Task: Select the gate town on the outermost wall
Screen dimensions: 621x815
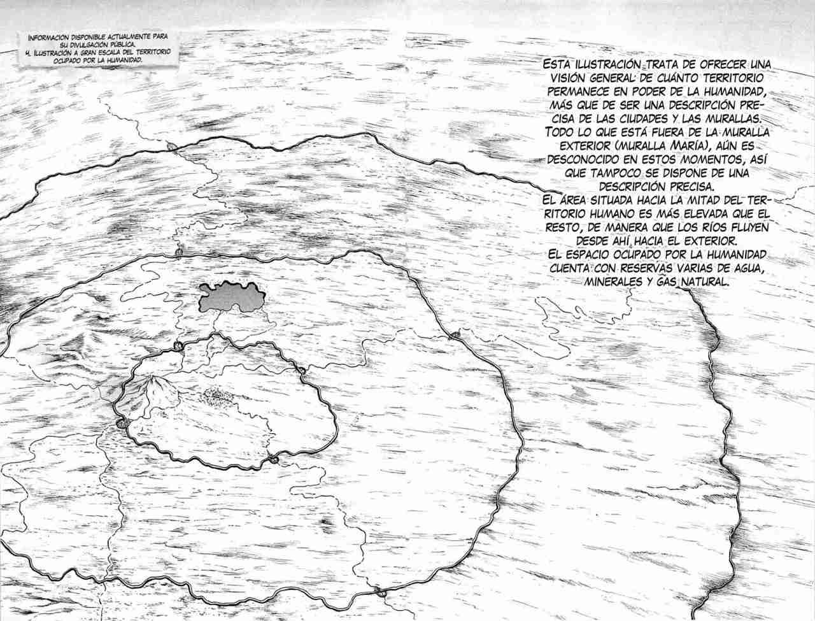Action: [x=171, y=146]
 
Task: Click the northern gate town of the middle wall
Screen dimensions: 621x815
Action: [x=178, y=253]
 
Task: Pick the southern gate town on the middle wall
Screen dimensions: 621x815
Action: [x=382, y=592]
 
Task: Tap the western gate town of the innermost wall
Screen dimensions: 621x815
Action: [x=122, y=424]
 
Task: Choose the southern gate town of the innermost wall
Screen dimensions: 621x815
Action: [x=274, y=459]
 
